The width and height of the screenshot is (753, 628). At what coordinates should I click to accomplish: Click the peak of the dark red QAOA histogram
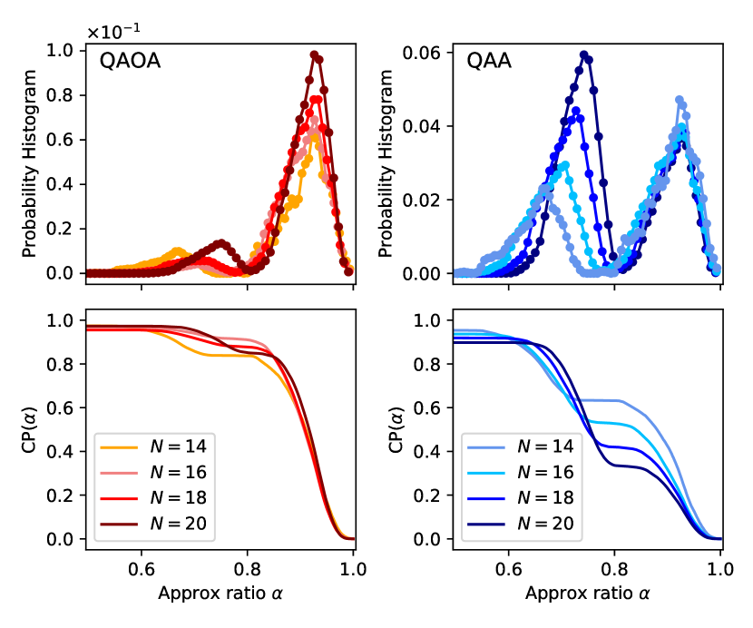click(314, 54)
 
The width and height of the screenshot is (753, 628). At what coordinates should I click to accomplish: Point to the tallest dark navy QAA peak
click(583, 54)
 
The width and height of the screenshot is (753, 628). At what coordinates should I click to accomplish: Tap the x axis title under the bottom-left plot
click(219, 594)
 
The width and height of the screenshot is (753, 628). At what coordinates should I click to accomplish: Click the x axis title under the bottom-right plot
click(585, 594)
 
